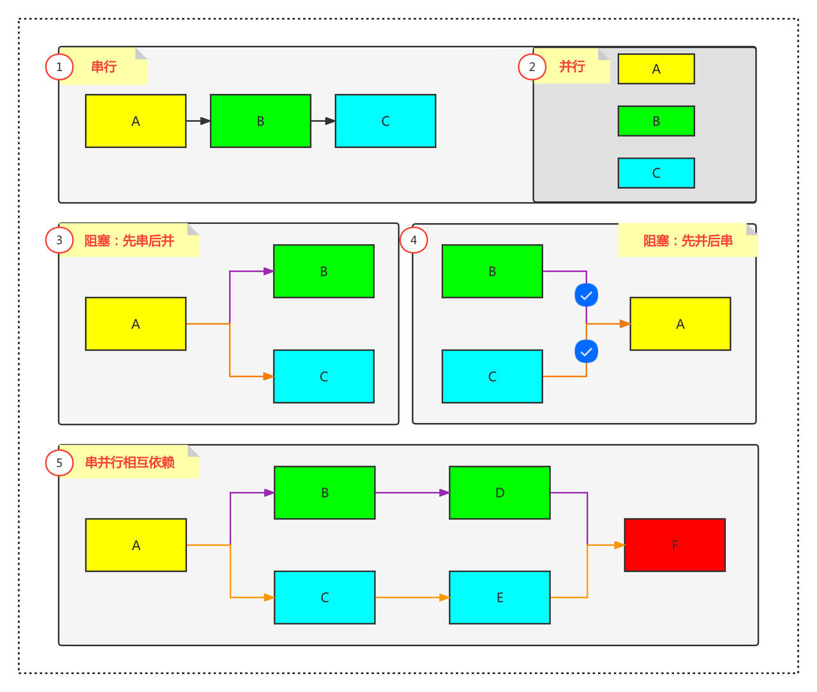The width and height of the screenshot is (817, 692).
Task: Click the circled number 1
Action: click(x=59, y=67)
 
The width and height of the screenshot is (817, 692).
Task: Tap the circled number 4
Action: click(x=414, y=240)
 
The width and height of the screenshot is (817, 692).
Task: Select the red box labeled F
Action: click(x=675, y=545)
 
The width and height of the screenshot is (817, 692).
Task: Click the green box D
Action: click(x=500, y=492)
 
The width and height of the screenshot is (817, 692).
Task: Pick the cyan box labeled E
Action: click(x=500, y=598)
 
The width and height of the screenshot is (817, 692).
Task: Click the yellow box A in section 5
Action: click(x=136, y=545)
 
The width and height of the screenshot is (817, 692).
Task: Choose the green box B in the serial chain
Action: click(x=260, y=121)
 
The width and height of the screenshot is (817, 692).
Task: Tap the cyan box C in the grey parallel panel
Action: click(x=656, y=173)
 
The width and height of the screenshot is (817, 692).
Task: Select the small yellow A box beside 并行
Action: click(x=656, y=69)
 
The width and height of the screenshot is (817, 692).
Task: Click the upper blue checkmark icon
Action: click(x=587, y=295)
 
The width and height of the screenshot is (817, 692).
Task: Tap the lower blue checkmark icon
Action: click(x=587, y=351)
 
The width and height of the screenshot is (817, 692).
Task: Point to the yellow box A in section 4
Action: click(x=680, y=324)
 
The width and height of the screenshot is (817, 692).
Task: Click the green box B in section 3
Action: click(x=324, y=271)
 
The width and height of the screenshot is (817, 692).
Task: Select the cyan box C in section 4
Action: click(x=492, y=376)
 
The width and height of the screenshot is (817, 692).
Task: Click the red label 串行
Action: click(x=104, y=67)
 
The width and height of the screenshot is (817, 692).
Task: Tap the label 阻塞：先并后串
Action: click(x=688, y=241)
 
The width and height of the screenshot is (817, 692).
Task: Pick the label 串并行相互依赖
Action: click(x=130, y=462)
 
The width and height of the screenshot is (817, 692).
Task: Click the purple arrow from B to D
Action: click(x=412, y=492)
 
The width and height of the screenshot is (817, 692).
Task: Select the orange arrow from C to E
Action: click(x=412, y=598)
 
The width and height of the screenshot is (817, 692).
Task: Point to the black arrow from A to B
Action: click(x=198, y=121)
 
